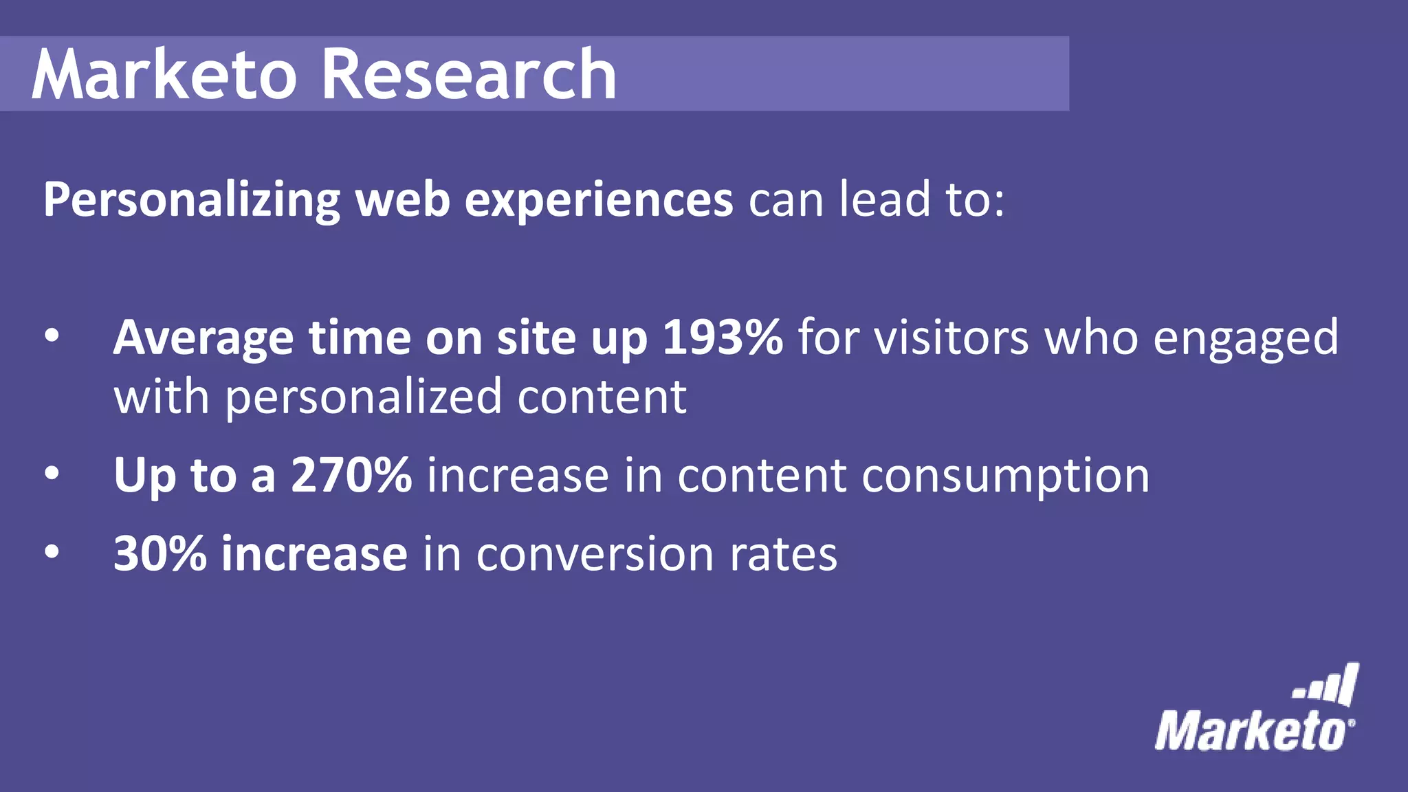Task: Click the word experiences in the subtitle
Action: [599, 200]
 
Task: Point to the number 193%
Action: [722, 338]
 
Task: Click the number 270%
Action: [351, 475]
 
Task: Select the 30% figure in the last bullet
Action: [159, 553]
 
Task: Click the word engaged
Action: [1245, 339]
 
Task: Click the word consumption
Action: [1005, 476]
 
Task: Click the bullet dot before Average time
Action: [52, 337]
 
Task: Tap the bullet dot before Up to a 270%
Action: [52, 474]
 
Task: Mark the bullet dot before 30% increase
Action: [52, 552]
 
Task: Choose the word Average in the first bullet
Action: [203, 339]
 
